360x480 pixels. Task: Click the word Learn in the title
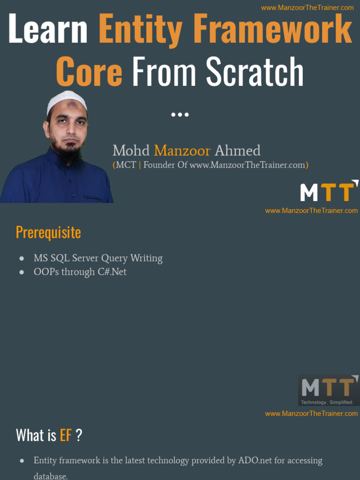coord(48,29)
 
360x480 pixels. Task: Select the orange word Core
coord(89,71)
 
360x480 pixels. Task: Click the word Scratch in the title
coord(255,71)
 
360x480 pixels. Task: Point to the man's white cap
coord(67,100)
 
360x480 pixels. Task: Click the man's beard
coord(69,152)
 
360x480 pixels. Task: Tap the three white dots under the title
coord(180,114)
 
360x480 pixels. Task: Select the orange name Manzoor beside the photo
coord(182,151)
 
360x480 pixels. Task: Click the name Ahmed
coord(237,151)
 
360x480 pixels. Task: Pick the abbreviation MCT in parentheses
coord(126,165)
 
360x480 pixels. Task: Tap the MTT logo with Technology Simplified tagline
coord(329,390)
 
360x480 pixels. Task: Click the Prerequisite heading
coord(48,232)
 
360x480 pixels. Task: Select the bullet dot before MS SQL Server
coord(22,259)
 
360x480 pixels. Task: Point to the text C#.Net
coord(112,272)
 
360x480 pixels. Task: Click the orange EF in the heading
coord(66,435)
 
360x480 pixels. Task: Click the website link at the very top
coord(307,7)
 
